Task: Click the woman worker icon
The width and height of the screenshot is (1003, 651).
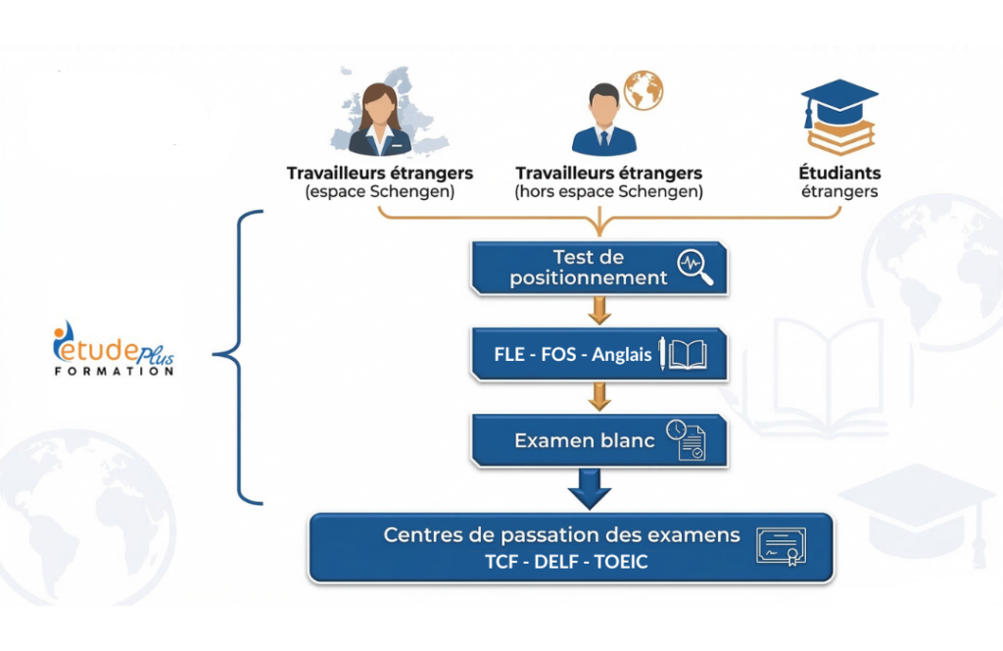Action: [380, 120]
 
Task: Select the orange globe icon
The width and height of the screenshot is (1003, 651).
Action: [644, 90]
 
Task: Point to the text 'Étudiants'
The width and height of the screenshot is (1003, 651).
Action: [839, 174]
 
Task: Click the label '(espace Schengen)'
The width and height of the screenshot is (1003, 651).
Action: [380, 192]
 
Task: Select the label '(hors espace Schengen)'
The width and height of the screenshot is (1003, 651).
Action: [608, 192]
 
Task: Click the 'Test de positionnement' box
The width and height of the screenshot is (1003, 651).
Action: [598, 268]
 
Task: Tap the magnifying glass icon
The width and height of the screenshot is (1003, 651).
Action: [695, 268]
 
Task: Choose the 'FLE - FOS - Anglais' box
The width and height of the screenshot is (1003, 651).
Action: [598, 354]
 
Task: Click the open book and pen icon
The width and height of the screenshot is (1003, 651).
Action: [683, 354]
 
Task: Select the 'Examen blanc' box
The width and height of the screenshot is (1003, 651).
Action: [598, 440]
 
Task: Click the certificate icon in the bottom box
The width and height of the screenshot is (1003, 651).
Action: [781, 547]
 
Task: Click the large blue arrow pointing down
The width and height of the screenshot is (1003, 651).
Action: [589, 488]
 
